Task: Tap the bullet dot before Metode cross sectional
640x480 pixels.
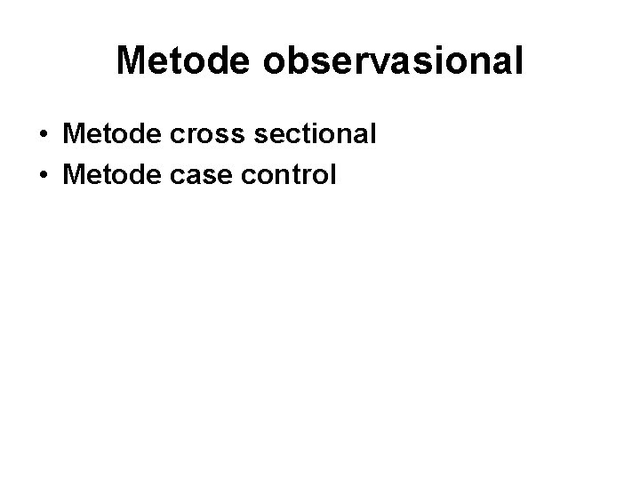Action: pos(43,136)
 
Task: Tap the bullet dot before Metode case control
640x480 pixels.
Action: pos(43,175)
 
